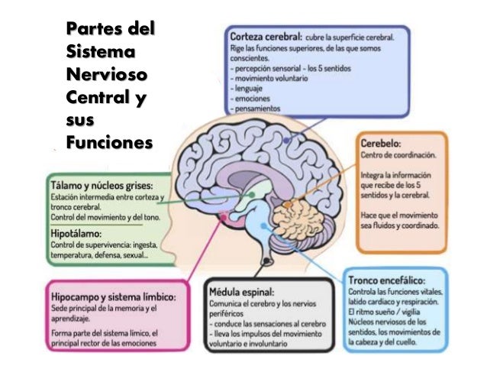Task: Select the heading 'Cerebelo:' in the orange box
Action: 381,142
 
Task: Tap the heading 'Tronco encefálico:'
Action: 386,280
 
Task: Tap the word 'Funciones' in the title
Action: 109,143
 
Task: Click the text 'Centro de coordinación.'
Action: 399,155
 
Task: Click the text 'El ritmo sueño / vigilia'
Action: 384,313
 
